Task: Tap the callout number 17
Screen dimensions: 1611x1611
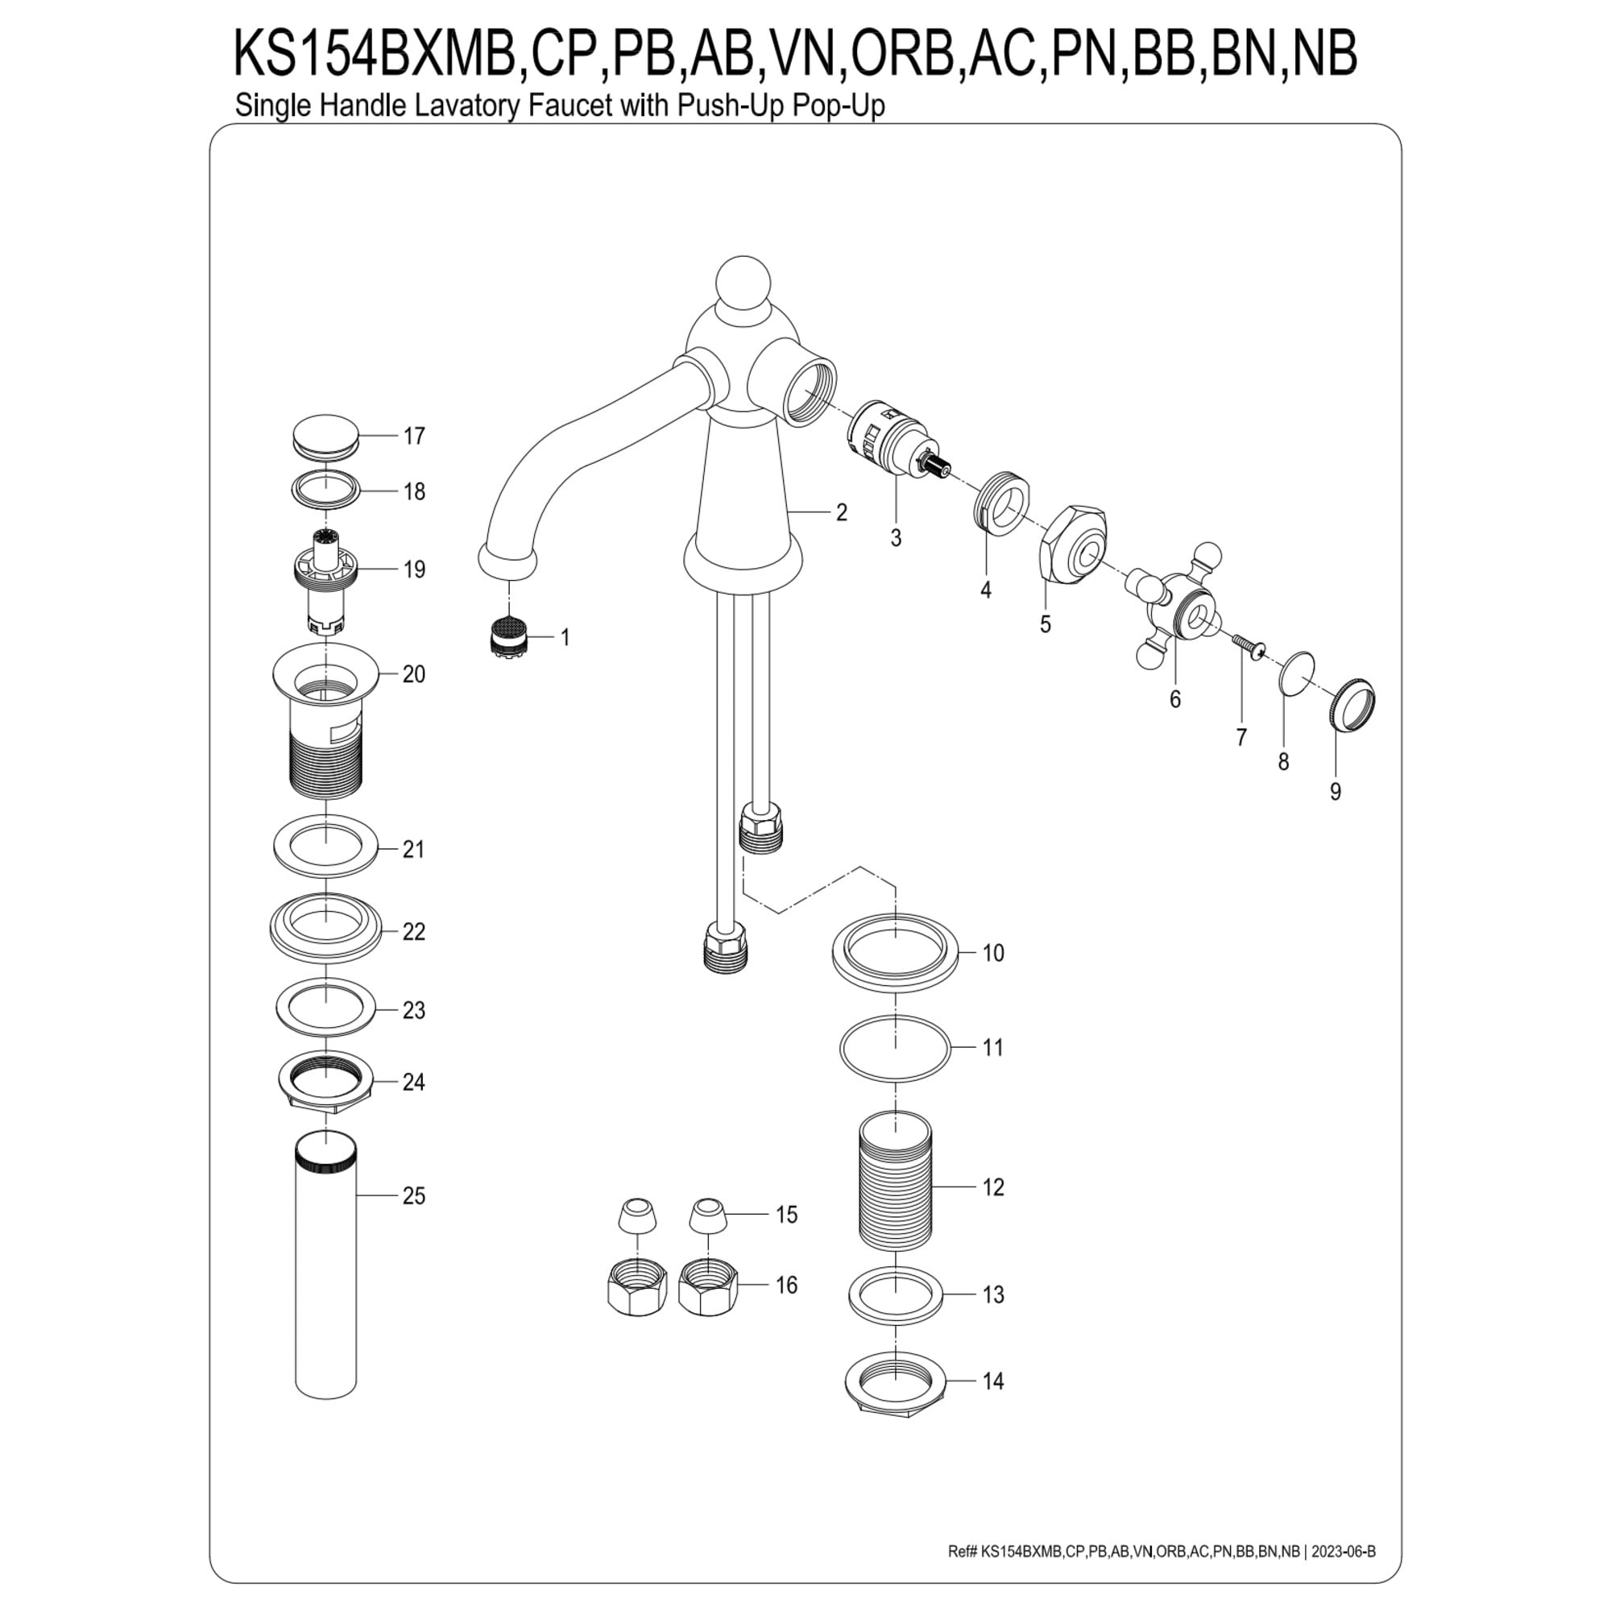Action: (x=413, y=436)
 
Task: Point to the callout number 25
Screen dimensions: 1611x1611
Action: (x=413, y=1195)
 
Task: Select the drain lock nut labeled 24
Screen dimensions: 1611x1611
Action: (x=325, y=1082)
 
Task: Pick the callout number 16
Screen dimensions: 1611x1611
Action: (x=786, y=1285)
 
